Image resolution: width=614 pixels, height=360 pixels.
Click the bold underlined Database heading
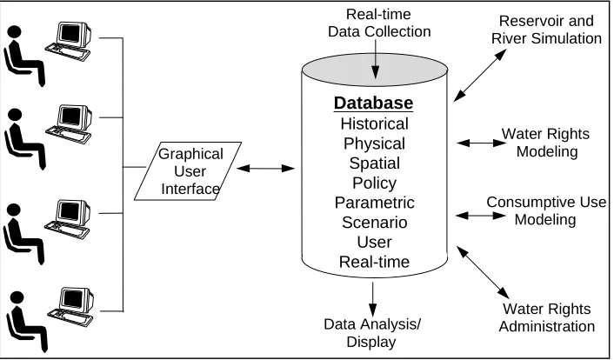(x=374, y=103)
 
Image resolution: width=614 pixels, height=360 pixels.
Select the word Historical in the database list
(x=374, y=123)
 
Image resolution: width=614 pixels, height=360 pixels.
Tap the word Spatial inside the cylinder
(x=374, y=163)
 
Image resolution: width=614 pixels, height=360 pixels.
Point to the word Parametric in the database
(x=374, y=203)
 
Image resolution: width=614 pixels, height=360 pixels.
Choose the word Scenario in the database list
(x=374, y=223)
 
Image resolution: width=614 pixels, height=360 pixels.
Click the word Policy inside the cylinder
(x=374, y=183)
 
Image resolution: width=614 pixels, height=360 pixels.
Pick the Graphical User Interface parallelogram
(x=188, y=171)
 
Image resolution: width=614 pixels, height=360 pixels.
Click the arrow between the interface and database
(x=265, y=169)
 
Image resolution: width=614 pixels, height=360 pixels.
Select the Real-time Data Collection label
(x=379, y=23)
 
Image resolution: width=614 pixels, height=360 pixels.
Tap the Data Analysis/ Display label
(x=372, y=333)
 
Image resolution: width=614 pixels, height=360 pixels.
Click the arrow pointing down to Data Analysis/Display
(x=373, y=299)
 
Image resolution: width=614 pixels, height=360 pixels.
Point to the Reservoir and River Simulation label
(x=546, y=30)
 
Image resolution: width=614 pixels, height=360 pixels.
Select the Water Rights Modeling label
(x=546, y=143)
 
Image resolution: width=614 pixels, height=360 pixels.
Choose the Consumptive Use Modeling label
(x=546, y=210)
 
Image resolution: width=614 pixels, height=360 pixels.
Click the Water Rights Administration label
(x=547, y=317)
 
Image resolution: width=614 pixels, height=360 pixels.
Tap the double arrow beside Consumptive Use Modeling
(x=481, y=216)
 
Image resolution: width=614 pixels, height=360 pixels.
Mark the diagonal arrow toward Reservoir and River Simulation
(x=480, y=75)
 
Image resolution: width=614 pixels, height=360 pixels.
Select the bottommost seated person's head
(x=17, y=297)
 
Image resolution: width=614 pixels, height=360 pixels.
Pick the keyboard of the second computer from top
(x=69, y=135)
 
